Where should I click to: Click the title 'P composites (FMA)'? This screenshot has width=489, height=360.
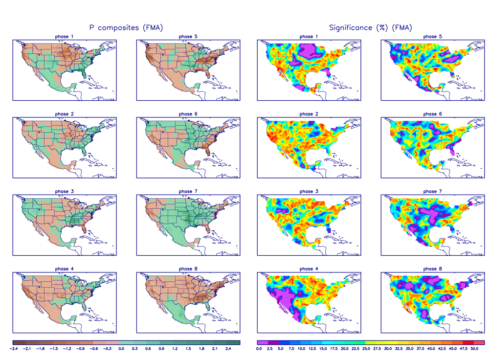126,28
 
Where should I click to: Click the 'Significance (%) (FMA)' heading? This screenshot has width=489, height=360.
370,28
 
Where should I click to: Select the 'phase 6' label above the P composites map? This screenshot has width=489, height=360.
185,114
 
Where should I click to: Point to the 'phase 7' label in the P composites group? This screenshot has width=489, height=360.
185,191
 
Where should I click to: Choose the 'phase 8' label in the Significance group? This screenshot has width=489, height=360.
430,269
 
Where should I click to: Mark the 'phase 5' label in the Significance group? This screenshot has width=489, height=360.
430,37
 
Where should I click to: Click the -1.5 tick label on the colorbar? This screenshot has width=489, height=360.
54,349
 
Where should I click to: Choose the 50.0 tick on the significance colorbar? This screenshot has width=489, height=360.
474,349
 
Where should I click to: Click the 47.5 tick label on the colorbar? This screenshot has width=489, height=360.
464,349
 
